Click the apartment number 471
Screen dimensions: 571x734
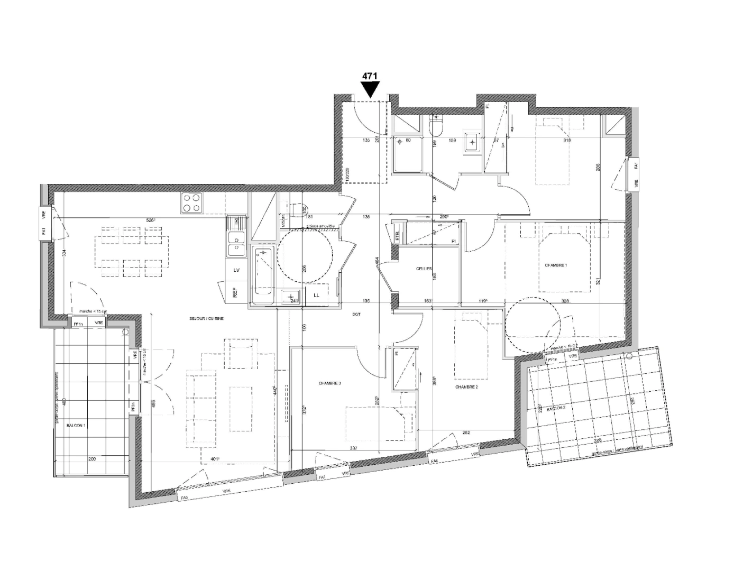coord(369,76)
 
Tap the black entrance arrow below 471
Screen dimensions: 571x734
coord(370,89)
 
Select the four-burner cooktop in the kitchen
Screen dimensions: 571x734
coord(191,202)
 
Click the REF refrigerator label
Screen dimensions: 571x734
coord(235,292)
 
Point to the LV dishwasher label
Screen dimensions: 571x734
coord(236,270)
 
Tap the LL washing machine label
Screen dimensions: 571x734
coord(317,295)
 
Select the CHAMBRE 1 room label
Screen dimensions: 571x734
coord(556,265)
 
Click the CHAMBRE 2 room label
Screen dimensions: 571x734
coord(466,387)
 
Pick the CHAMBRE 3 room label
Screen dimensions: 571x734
coord(329,383)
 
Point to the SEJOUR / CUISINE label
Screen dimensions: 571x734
coord(208,319)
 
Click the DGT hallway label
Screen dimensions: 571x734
coord(356,315)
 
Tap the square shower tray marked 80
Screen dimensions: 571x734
coord(408,152)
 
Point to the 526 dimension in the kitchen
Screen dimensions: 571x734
coord(152,220)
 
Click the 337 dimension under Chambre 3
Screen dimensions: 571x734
coord(354,448)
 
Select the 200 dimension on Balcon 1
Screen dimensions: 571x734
coord(92,459)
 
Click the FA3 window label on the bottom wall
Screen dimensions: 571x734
coord(185,498)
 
